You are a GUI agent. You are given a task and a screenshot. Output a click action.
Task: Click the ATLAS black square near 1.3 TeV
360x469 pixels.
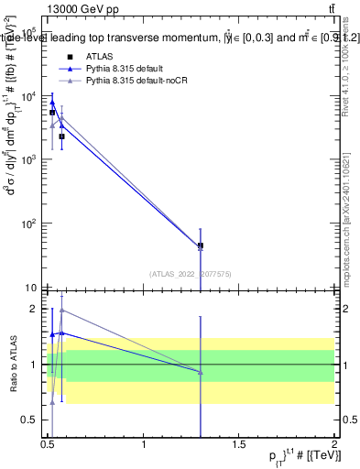pos(201,245)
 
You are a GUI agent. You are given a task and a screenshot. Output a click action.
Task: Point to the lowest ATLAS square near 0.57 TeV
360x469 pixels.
pos(61,136)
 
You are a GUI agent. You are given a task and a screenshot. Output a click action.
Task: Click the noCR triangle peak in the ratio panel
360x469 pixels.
pos(61,310)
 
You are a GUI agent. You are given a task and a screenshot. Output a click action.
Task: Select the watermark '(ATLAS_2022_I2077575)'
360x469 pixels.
pos(190,273)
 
